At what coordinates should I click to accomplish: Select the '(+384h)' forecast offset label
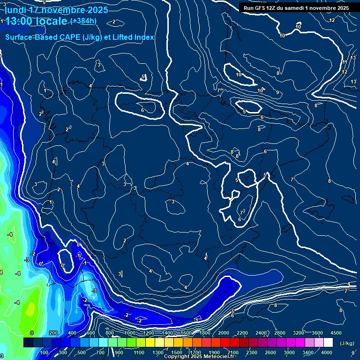[x=83, y=21]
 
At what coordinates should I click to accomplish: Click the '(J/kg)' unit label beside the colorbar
[x=346, y=344]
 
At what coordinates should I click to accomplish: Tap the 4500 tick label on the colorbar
[x=336, y=333]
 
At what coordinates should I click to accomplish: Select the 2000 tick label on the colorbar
[x=224, y=333]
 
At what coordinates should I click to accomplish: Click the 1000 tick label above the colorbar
[x=129, y=333]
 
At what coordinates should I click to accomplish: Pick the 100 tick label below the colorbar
[x=45, y=352]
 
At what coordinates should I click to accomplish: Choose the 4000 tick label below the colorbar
[x=327, y=352]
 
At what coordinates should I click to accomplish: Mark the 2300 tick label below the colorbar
[x=252, y=352]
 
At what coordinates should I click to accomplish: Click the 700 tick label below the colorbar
[x=101, y=352]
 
